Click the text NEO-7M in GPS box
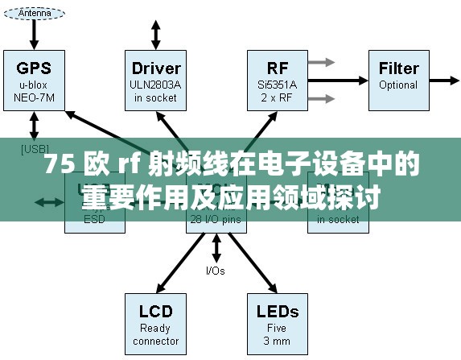34,98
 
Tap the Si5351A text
277,85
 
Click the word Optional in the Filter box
398,85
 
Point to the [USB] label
35,148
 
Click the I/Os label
216,271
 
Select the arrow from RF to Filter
337,81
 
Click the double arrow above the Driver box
156,34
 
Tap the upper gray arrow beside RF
322,62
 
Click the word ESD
95,218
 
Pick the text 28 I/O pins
216,218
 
